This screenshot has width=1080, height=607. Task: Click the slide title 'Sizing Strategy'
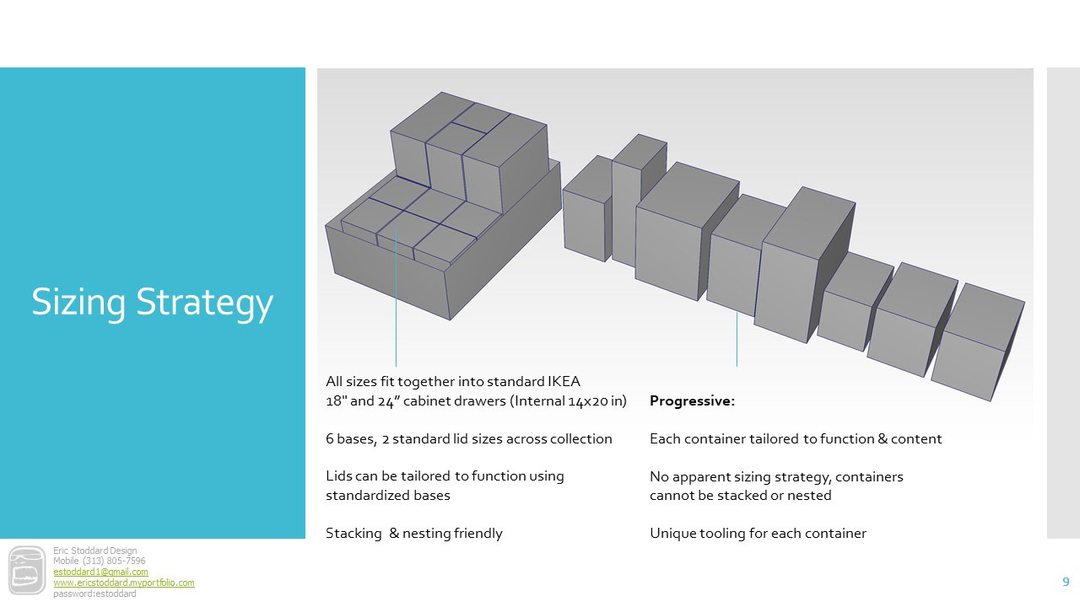tap(153, 302)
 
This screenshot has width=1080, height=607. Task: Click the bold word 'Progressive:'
tap(692, 401)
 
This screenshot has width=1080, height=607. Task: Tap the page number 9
tap(1066, 582)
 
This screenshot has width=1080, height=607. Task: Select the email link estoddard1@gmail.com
tap(100, 572)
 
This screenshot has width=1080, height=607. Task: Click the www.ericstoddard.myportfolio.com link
tap(123, 583)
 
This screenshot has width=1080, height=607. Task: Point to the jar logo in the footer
tap(27, 571)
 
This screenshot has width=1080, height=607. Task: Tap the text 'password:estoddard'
tap(94, 594)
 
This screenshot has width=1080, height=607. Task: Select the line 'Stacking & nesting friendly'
tap(413, 533)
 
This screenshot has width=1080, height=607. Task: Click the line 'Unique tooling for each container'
tap(758, 533)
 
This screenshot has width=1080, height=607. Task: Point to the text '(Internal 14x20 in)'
tap(568, 401)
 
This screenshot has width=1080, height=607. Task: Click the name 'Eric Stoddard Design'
tap(94, 551)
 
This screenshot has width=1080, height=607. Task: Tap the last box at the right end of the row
tap(979, 341)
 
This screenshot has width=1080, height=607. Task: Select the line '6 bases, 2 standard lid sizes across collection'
tap(468, 438)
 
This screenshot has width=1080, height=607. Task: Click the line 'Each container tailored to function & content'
tap(796, 438)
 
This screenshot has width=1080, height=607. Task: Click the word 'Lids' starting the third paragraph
tap(339, 475)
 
